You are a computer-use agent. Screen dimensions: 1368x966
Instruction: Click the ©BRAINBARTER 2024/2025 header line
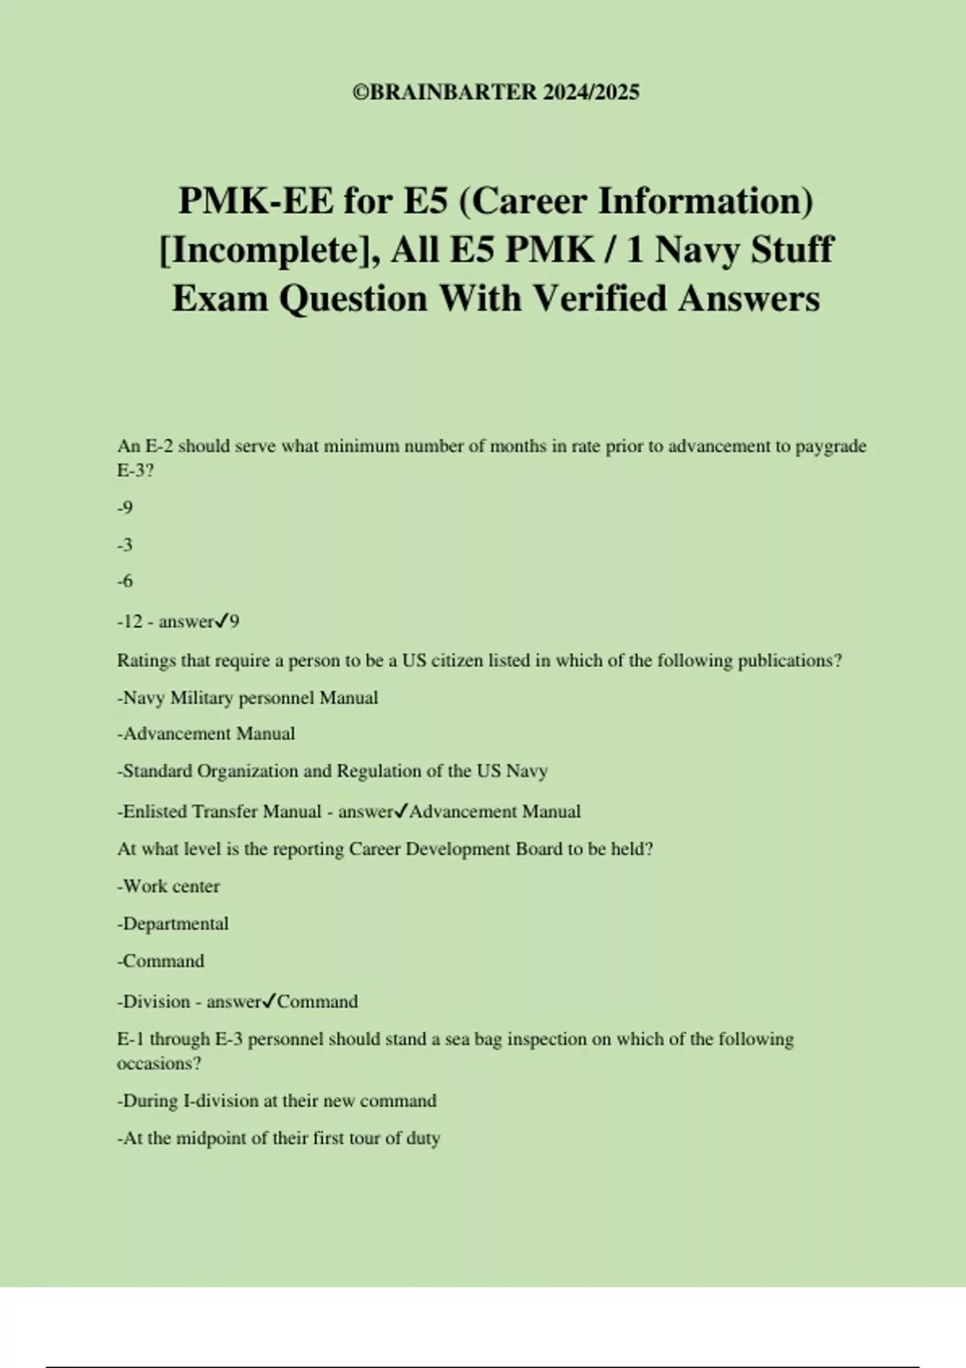coord(496,92)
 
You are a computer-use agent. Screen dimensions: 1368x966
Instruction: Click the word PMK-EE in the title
coord(255,201)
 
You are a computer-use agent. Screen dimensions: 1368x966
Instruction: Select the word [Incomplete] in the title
coord(270,250)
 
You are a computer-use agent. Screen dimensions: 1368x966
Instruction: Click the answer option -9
coord(125,508)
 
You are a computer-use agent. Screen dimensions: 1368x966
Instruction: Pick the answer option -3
coord(125,545)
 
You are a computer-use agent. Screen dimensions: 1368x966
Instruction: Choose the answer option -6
coord(125,581)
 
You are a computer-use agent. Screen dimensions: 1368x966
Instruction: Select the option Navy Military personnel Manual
coord(248,698)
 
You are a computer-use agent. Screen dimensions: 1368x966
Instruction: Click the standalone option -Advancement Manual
coord(206,734)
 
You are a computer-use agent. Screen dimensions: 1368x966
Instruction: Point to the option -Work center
coord(168,887)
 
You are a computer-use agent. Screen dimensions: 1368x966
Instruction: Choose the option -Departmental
coord(173,924)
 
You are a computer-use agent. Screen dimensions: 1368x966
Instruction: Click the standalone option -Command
coord(161,961)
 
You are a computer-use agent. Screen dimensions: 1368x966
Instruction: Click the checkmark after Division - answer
coord(269,1001)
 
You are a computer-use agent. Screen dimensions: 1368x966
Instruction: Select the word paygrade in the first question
coord(831,447)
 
